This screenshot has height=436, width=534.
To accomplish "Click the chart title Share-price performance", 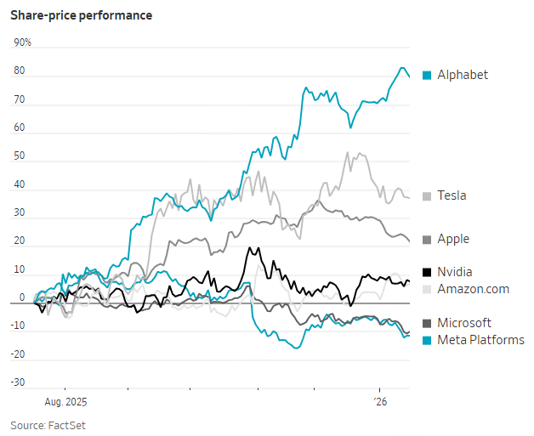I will (81, 15).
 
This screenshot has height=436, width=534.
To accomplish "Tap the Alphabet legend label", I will (463, 75).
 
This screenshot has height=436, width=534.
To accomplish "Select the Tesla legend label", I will (452, 195).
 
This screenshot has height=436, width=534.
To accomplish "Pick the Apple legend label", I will (453, 240).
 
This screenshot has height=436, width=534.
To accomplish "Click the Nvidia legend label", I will (455, 272).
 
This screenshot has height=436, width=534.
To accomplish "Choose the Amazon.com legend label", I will (473, 289).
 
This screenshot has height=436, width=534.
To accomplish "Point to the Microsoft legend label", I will (464, 323).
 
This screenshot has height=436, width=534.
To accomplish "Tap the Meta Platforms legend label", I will (480, 340).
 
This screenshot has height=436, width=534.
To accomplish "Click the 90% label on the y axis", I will (22, 42).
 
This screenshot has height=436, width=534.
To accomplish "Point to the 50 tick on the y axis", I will (19, 157).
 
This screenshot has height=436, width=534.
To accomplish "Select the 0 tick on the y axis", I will (23, 298).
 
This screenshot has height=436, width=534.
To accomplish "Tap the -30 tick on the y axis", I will (18, 382).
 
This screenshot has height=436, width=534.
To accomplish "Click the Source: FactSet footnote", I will (48, 424).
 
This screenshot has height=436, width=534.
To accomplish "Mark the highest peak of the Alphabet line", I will (402, 68).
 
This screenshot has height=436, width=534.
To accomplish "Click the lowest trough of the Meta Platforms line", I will (297, 348).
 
